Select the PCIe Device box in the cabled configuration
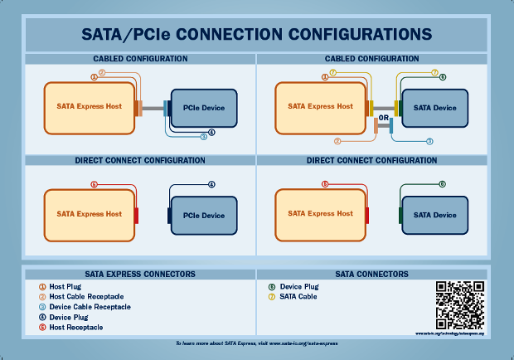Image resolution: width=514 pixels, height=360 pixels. tap(204, 108)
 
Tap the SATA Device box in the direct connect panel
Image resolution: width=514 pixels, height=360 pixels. tap(435, 215)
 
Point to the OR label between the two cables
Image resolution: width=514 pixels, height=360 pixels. tap(384, 118)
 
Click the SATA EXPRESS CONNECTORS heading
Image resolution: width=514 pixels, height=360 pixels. tap(140, 273)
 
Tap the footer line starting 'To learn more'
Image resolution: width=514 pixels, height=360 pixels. tap(257, 343)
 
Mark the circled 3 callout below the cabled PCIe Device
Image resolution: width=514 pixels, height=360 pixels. tap(203, 136)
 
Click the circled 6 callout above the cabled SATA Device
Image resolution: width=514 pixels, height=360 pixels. tap(443, 77)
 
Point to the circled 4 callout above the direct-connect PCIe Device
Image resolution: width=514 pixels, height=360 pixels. tap(211, 184)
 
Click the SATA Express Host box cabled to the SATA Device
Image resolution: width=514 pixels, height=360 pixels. tap(321, 107)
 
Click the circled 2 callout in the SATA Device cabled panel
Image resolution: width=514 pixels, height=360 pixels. tap(337, 141)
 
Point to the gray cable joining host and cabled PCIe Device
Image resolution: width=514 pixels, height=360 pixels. tap(153, 107)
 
